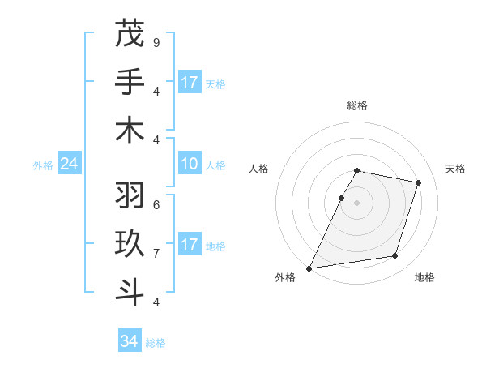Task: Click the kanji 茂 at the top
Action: [130, 35]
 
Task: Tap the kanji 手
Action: [130, 82]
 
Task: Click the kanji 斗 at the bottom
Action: [130, 291]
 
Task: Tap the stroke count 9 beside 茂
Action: [156, 41]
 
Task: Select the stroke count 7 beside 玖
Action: [156, 252]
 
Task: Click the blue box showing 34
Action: [130, 341]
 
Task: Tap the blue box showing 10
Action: [190, 165]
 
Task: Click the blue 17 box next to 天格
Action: [190, 83]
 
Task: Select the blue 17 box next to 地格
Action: [190, 245]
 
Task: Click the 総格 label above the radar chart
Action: [357, 106]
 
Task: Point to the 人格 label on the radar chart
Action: [259, 169]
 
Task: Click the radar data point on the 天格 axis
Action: [419, 182]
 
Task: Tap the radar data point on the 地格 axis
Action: [395, 256]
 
